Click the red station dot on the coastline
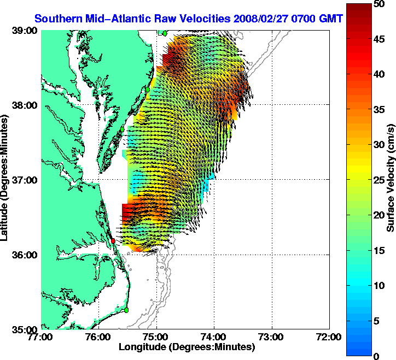tap(113, 241)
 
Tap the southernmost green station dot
tap(126, 310)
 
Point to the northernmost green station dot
tap(164, 33)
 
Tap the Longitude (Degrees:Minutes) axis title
tap(187, 347)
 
